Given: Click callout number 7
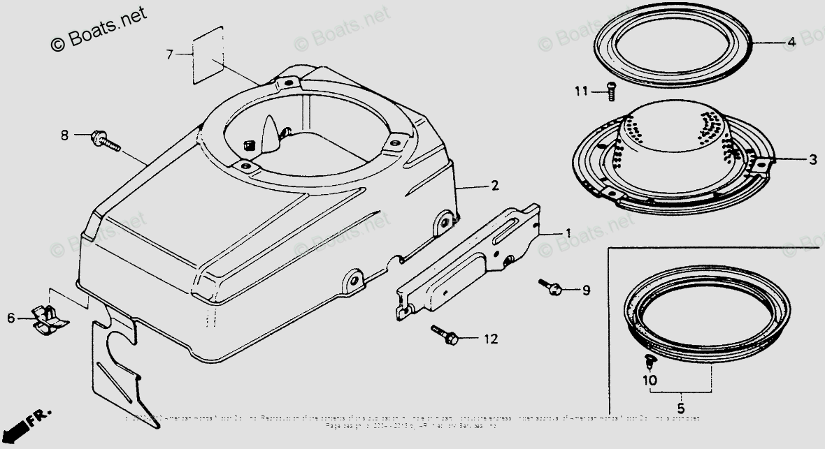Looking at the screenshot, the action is (168, 54).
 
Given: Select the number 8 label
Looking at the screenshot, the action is (64, 135).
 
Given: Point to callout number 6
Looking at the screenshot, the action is (11, 318).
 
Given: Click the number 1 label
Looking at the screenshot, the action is (568, 233).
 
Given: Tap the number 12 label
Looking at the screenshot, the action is (491, 339).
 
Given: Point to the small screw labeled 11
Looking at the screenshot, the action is (610, 90).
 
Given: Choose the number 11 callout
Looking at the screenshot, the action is (582, 91).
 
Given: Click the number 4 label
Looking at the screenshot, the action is (791, 42).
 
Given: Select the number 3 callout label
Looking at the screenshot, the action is (812, 160).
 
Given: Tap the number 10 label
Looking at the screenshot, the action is (650, 380).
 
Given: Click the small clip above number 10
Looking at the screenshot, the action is (648, 360).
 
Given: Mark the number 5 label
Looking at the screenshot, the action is (681, 408).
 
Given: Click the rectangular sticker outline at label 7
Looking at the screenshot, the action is (208, 54).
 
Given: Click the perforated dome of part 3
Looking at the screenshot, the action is (675, 129).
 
